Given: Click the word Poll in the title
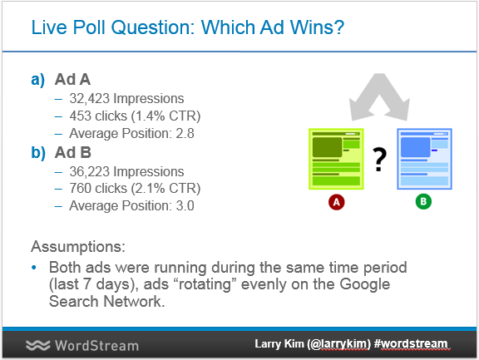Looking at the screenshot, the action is pos(89,27).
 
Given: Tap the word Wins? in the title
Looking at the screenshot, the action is pos(317,27).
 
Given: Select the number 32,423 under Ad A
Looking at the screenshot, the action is pos(90,99).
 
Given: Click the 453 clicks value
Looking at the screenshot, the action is pos(98,116).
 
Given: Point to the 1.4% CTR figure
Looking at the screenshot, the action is pos(165,116).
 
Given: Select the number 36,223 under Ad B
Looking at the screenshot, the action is pos(90,171).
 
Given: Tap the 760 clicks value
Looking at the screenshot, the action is pos(98,189).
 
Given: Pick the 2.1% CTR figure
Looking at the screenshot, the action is pos(165,189).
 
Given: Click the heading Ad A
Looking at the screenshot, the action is pos(72,79).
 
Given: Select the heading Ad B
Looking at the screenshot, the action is pos(73,152).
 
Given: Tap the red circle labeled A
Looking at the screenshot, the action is pos(336,202).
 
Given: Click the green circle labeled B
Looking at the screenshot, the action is pos(423,201).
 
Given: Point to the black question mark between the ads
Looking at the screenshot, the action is pos(379,160).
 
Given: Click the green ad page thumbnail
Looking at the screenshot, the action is pos(336,159).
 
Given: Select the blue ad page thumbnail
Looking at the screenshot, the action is pos(424,159).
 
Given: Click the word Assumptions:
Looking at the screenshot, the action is pos(78,246).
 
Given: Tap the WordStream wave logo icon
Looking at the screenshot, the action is pos(38,345).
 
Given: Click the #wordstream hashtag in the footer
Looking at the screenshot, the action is pos(412,344).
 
